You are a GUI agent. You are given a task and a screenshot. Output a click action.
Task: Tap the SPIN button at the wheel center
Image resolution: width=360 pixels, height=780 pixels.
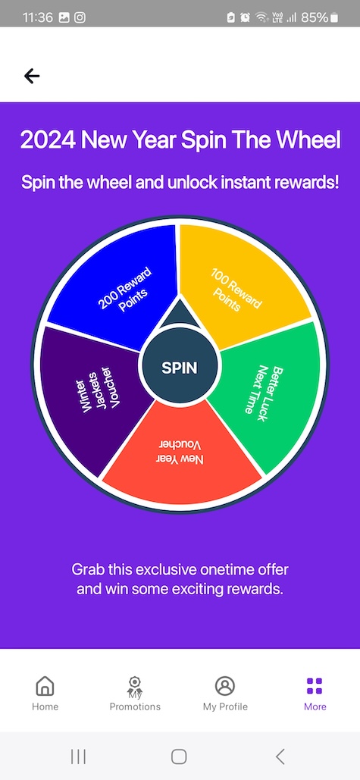click(x=180, y=368)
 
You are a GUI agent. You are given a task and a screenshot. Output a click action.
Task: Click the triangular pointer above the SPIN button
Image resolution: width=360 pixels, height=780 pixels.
click(x=180, y=315)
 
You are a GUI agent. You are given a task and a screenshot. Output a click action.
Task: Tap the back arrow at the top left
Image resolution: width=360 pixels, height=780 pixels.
click(x=31, y=76)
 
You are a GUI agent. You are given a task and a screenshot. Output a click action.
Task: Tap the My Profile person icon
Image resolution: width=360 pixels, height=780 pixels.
click(x=225, y=685)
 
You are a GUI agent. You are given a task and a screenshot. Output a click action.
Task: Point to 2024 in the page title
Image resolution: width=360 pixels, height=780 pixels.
click(x=49, y=140)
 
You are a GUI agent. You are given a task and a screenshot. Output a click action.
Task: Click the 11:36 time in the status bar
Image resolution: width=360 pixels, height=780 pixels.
click(x=38, y=17)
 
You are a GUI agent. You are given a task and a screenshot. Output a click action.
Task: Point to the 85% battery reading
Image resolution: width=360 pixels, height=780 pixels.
click(x=315, y=17)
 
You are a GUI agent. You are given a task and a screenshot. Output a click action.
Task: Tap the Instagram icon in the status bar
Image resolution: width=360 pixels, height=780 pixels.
click(x=80, y=17)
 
